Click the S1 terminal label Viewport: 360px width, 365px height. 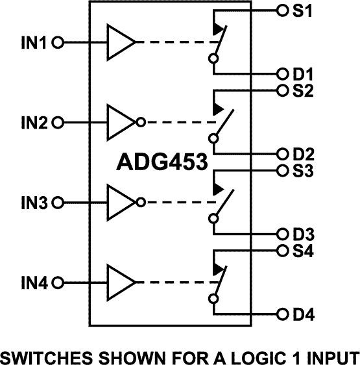[303, 10]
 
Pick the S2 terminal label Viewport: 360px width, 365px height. [303, 91]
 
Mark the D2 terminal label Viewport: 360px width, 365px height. [303, 154]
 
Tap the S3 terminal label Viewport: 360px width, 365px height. [303, 171]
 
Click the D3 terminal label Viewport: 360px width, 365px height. [303, 234]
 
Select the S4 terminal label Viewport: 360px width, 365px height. [303, 251]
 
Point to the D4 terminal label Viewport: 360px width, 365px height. [303, 315]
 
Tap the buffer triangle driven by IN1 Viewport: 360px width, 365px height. [119, 43]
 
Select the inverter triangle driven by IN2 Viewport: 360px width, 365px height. [121, 122]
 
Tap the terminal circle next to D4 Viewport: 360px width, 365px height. [282, 314]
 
